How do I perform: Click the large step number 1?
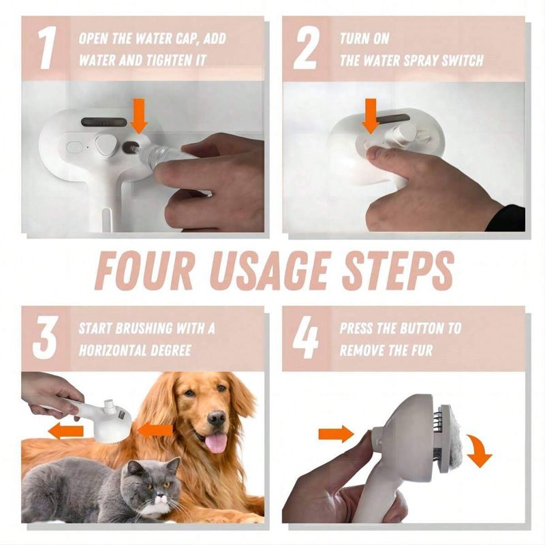pos(46,48)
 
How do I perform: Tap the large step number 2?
pos(306,49)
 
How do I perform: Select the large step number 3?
pos(45,338)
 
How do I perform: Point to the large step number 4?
pos(306,338)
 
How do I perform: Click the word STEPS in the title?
pos(398,270)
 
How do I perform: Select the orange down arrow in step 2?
pos(371,116)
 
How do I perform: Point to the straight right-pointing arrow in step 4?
pos(336,434)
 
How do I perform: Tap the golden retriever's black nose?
pos(218,417)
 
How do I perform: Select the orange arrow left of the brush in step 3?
pos(65,432)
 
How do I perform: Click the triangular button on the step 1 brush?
pos(105,144)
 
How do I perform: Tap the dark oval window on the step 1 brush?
pos(104,122)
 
